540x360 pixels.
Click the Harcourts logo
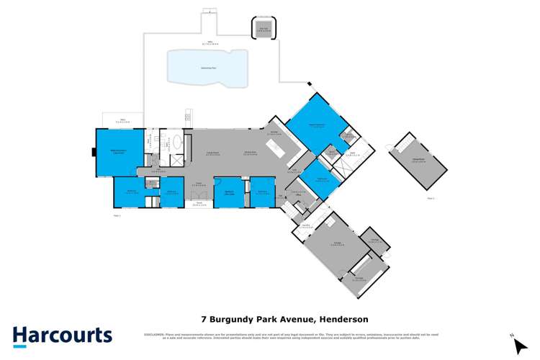[x=63, y=336]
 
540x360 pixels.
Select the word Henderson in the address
[x=348, y=318]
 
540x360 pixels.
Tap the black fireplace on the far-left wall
[x=93, y=152]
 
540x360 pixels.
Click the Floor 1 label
[x=117, y=215]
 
